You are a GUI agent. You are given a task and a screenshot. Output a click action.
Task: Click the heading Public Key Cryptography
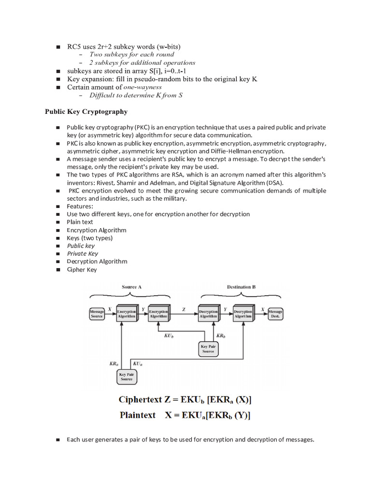tap(86, 111)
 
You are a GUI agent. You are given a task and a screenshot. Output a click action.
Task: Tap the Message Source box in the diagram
tap(97, 314)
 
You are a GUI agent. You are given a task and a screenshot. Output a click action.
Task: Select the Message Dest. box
tap(275, 314)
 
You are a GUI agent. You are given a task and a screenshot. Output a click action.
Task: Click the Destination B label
tap(241, 287)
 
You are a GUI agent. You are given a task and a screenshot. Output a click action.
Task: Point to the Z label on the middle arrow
tap(183, 308)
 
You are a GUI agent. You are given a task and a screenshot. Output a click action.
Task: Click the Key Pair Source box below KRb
tap(208, 349)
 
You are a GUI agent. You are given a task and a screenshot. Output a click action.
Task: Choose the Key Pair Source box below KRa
tap(127, 377)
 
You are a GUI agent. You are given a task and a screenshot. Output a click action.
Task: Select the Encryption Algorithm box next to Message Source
tap(127, 314)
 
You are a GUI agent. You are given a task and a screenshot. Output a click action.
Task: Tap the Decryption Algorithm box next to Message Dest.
tap(243, 314)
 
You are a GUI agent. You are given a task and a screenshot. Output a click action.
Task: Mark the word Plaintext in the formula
tap(137, 415)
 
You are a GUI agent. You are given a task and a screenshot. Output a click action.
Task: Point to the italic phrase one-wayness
tap(143, 87)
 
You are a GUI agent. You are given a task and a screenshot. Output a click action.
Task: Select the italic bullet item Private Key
tap(83, 253)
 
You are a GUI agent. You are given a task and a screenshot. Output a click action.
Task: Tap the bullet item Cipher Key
tap(82, 270)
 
